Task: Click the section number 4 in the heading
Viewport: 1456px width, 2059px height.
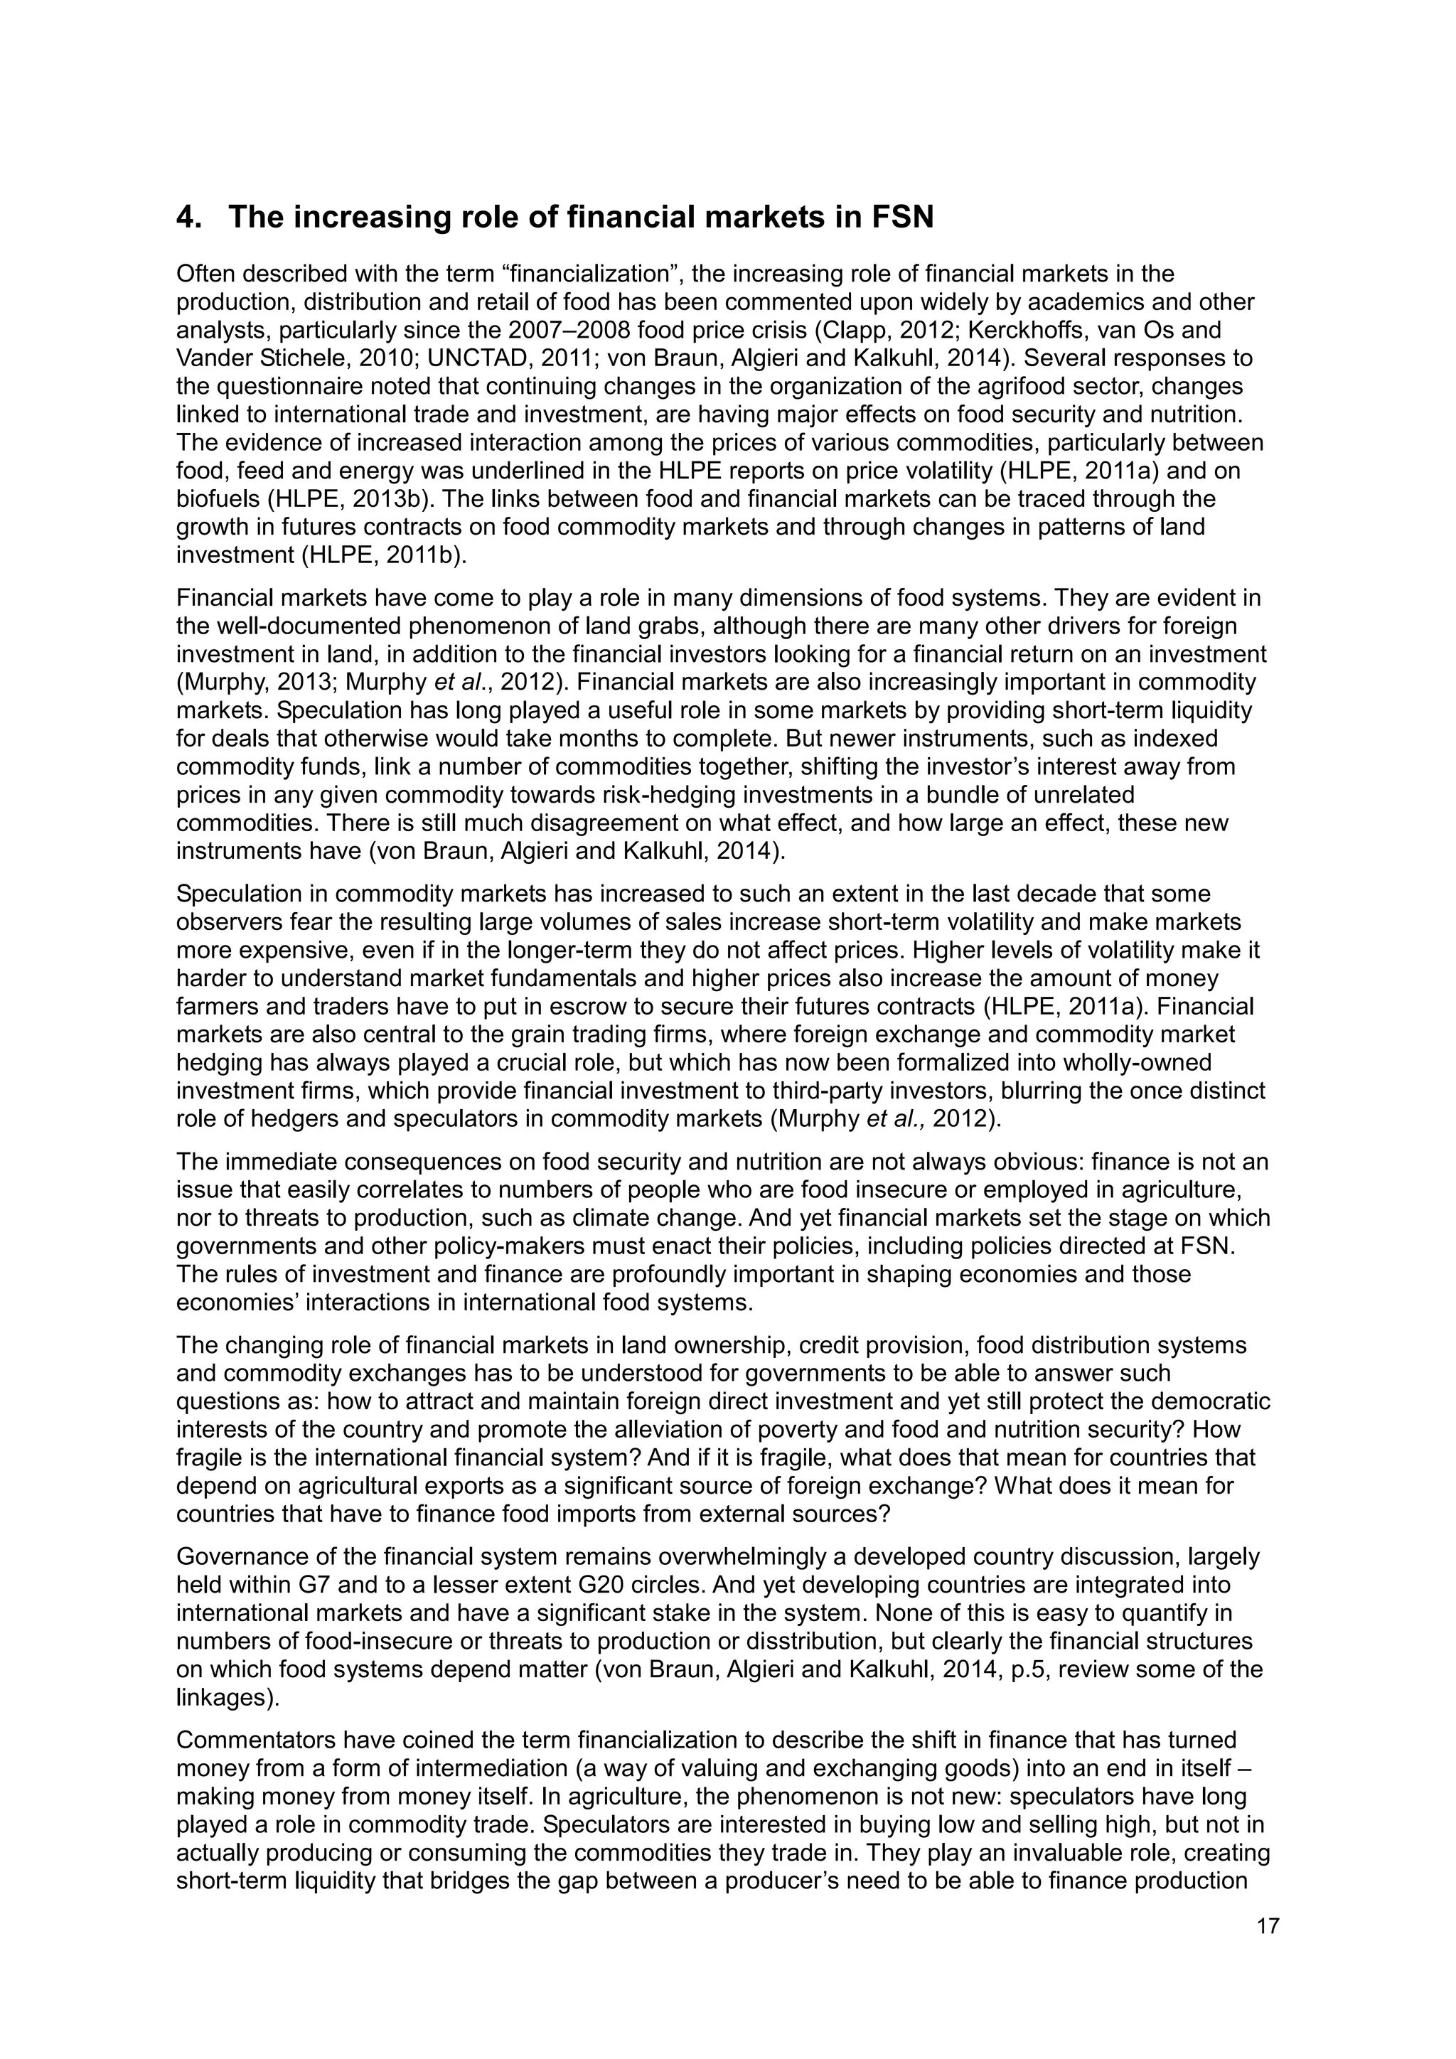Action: coord(186,217)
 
